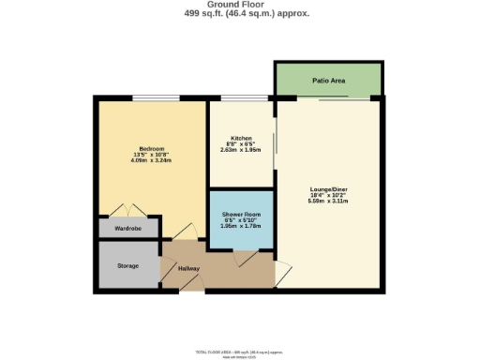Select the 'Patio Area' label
pos(329,82)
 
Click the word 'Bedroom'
pos(152,149)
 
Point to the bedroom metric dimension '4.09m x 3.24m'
pos(152,160)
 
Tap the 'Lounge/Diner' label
pos(329,190)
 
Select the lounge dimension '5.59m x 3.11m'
pos(329,202)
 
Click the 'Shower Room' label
pos(241,215)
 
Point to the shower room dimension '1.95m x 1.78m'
pos(241,226)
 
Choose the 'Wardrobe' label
pos(128,228)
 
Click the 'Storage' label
pos(128,266)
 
